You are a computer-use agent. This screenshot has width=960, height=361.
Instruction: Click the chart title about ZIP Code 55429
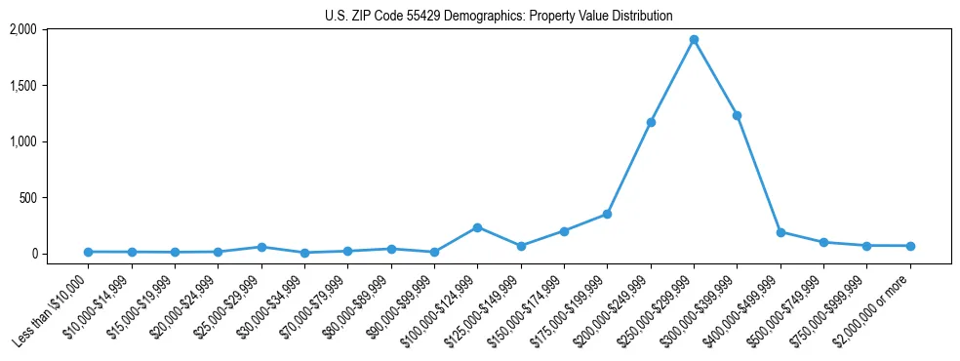click(499, 17)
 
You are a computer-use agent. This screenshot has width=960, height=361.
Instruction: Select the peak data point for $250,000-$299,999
click(694, 40)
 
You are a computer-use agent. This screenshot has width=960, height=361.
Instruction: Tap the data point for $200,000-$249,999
click(651, 122)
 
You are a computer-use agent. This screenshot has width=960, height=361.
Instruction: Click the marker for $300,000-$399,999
click(737, 115)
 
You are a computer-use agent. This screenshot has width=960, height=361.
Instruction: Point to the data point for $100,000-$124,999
click(477, 227)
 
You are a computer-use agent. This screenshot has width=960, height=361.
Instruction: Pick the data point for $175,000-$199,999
click(607, 214)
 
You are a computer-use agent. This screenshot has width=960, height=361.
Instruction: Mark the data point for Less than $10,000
click(88, 252)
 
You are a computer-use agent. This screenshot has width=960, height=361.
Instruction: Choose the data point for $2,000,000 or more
click(910, 246)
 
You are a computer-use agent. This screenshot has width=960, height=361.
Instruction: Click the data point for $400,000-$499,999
click(780, 232)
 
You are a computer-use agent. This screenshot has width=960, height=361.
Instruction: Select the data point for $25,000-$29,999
click(261, 247)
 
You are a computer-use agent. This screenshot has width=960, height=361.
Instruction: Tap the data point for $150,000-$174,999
click(564, 231)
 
